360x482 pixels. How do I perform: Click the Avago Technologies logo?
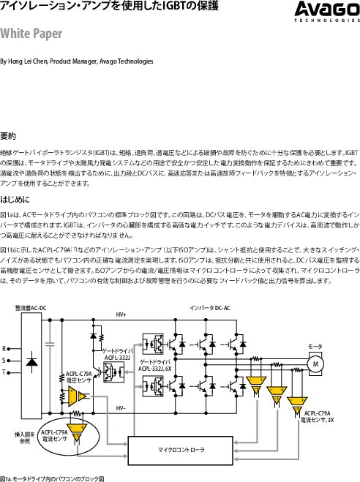[327, 12]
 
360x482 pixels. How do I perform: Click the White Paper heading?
[31, 34]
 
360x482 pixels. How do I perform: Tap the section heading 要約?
[8, 136]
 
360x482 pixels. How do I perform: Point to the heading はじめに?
[15, 200]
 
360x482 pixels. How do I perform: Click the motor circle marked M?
[315, 364]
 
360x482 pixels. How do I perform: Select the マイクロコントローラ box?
[181, 451]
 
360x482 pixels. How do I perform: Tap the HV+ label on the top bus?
[121, 315]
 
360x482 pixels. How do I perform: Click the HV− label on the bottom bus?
[121, 408]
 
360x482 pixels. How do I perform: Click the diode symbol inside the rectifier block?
[31, 362]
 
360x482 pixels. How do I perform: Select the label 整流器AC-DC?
[31, 308]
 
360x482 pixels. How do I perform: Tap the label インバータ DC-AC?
[210, 308]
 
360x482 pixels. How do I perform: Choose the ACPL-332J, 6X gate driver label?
[155, 365]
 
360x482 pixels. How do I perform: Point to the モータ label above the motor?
[315, 347]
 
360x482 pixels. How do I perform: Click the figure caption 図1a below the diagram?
[52, 478]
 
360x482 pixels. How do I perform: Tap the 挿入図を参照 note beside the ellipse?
[25, 438]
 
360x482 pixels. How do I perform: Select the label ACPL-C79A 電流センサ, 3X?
[318, 416]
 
